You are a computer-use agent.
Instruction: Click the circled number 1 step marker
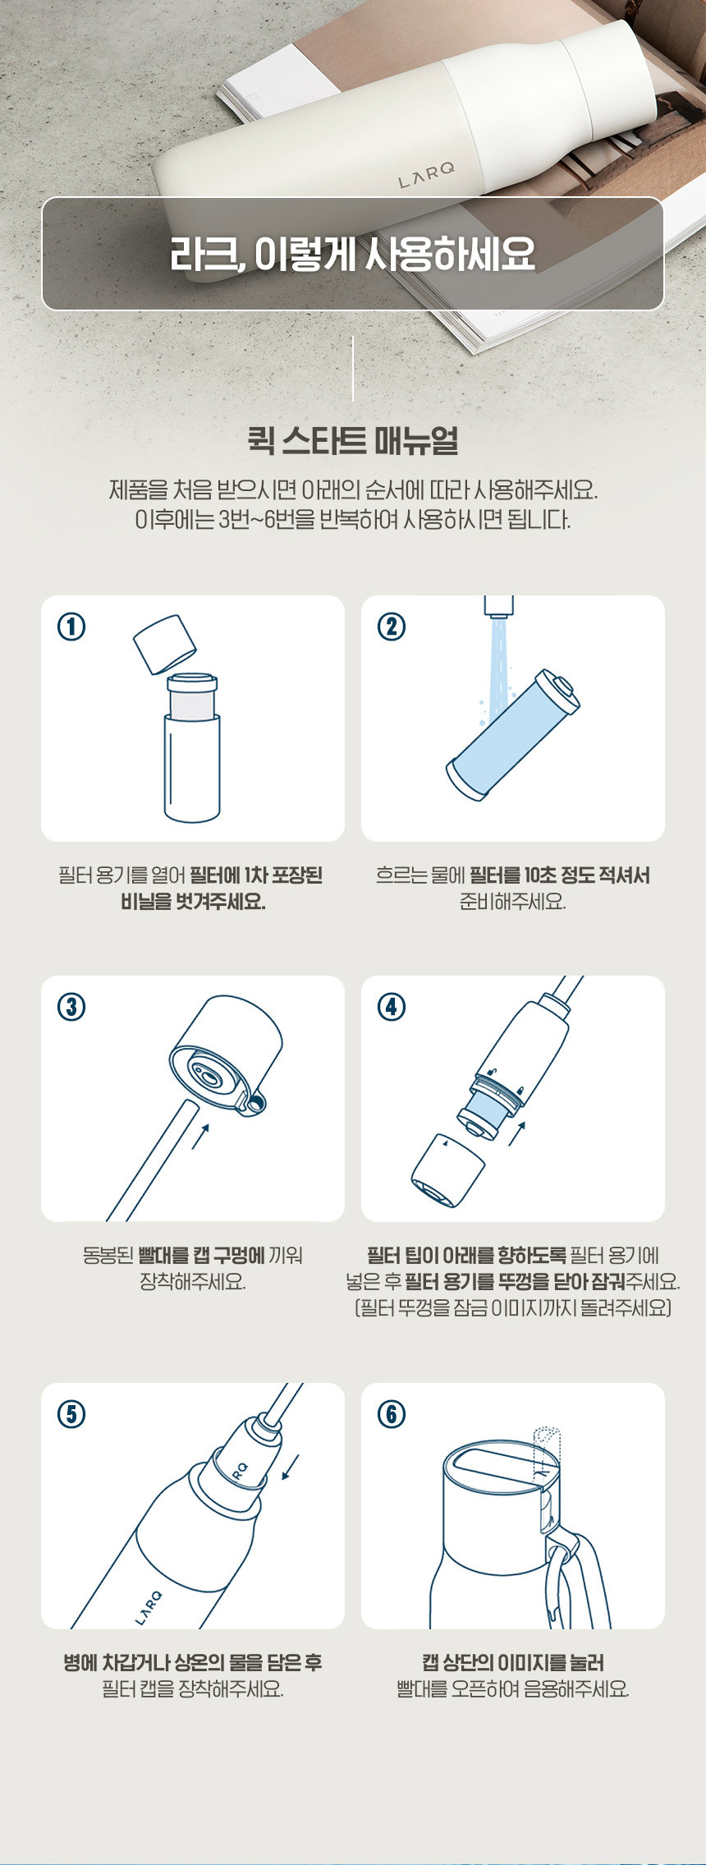pos(71,627)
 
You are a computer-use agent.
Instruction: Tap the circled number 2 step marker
pos(392,627)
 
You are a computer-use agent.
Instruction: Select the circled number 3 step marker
pos(71,1007)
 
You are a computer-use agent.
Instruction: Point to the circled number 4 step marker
pos(392,1007)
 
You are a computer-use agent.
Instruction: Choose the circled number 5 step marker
pos(71,1414)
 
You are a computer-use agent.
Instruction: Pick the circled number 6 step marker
pos(392,1414)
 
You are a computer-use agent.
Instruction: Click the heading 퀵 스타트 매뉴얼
pos(353,440)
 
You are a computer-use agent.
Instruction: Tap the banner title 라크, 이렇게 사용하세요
pos(353,254)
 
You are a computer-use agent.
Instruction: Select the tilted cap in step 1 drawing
pos(164,644)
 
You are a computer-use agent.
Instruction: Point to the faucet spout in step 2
pos(499,606)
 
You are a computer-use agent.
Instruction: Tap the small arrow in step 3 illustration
pos(201,1137)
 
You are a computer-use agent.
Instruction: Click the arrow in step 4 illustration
pos(516,1132)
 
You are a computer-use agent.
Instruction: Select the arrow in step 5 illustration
pos(291,1467)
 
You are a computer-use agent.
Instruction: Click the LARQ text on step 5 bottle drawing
pos(149,1607)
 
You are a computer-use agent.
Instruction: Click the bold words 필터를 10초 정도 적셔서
pos(560,875)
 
